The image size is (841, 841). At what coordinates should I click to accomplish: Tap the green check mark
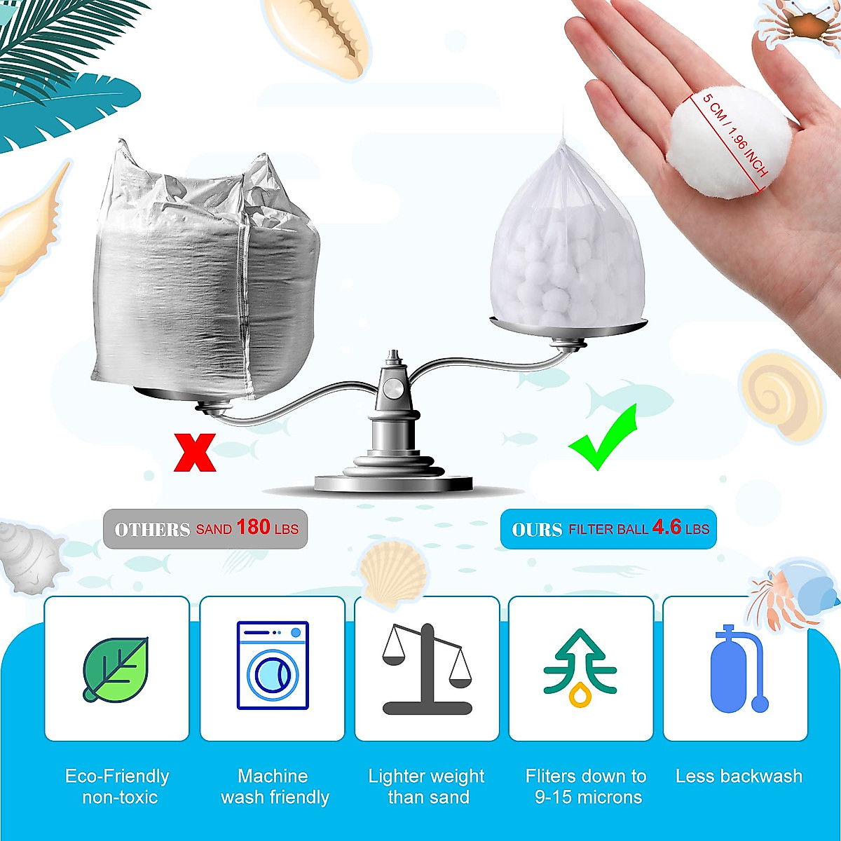point(604,439)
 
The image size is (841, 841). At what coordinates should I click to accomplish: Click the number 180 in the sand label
point(253,527)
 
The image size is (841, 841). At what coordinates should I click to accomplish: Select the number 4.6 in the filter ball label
point(666,527)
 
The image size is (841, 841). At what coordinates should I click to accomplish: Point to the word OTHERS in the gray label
point(152,530)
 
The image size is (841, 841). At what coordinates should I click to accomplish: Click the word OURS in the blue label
point(537,530)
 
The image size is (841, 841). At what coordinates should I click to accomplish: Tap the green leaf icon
point(116,669)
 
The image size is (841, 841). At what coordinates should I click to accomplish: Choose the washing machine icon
point(273,665)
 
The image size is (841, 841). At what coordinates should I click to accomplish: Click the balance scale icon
point(427,669)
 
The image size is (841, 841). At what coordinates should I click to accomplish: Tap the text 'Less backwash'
point(739,777)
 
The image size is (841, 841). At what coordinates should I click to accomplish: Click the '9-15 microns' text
point(588,798)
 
